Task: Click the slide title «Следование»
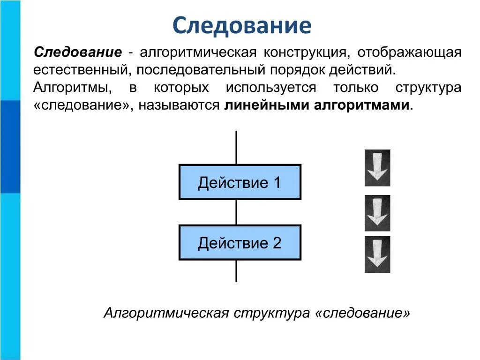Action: [x=241, y=25]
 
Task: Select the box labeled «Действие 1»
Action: [x=240, y=182]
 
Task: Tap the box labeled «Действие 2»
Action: [x=240, y=242]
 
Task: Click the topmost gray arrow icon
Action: [x=377, y=168]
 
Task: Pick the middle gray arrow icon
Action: [x=377, y=213]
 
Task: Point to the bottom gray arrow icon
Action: [x=377, y=254]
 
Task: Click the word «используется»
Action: [x=271, y=88]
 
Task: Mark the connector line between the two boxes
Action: [x=236, y=212]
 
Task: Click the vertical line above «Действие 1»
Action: [x=236, y=148]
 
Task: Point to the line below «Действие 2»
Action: [x=236, y=270]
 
